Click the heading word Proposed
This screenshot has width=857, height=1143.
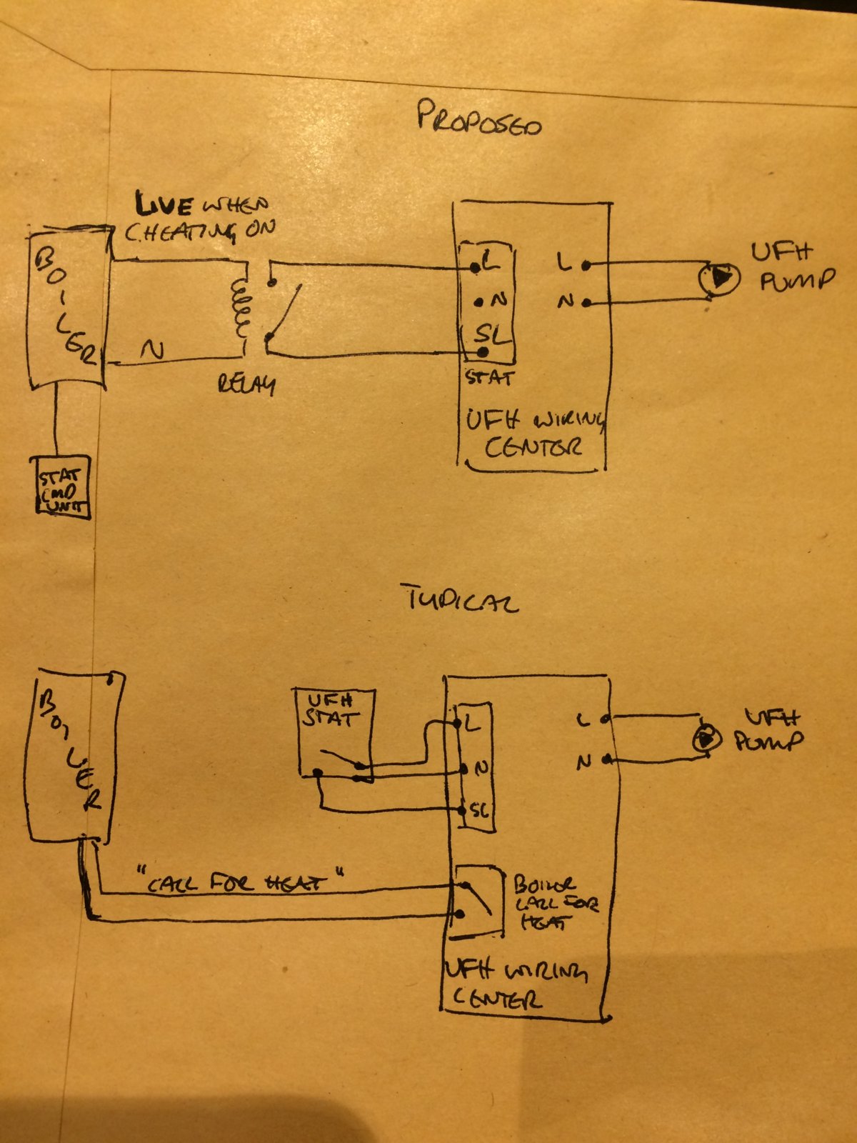pos(478,119)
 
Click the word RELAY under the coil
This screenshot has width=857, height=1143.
pos(246,386)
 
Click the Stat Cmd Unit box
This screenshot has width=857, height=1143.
pos(63,486)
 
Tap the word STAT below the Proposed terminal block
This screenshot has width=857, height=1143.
pos(489,376)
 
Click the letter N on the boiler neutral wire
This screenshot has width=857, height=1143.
pos(152,350)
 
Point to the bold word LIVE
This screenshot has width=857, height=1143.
pos(164,206)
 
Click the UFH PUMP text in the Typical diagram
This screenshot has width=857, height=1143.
pos(769,730)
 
